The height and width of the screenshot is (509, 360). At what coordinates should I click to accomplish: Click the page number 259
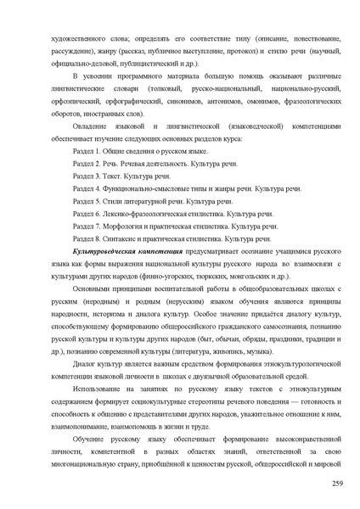point(337,483)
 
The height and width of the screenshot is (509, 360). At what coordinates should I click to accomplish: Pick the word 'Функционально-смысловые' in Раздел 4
point(153,188)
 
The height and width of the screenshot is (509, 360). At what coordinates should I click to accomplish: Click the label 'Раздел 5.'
point(87,201)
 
